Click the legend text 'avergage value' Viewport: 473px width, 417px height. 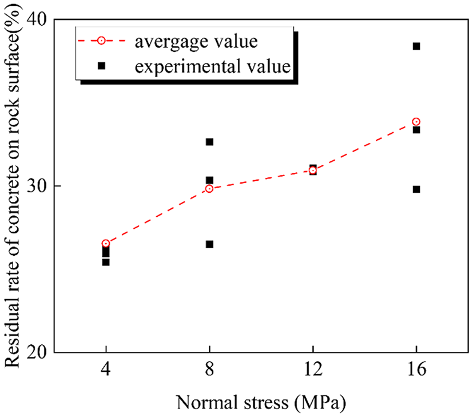[196, 41]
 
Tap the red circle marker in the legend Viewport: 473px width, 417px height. [101, 41]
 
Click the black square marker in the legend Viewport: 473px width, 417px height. [101, 66]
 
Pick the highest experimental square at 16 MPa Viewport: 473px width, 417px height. [416, 46]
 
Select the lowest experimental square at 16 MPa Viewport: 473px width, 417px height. [416, 189]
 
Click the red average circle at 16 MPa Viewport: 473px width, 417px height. [416, 122]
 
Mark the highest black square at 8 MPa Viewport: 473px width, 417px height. [209, 142]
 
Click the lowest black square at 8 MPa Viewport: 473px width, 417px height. [209, 244]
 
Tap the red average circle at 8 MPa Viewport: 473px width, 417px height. [209, 189]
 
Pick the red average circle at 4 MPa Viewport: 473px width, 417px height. [106, 244]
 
